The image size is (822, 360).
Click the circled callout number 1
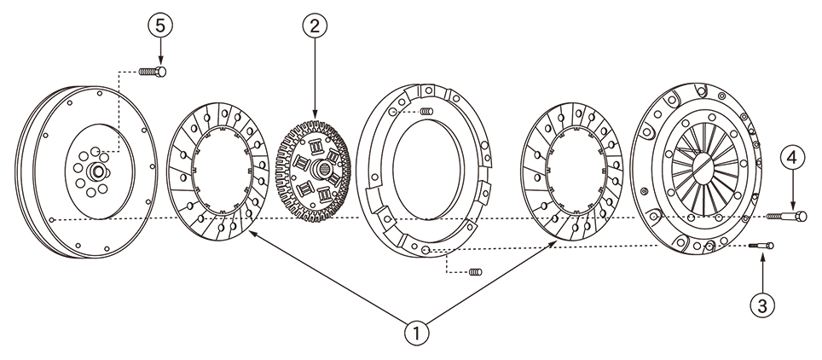pos(417,332)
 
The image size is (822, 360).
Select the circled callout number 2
pos(315,26)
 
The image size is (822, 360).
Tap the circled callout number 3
pos(762,306)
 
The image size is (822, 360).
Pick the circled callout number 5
pos(160,26)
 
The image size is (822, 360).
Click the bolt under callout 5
pos(153,72)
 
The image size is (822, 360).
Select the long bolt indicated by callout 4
pos(786,216)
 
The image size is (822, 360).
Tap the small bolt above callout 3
pos(761,246)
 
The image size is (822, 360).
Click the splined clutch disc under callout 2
pos(314,171)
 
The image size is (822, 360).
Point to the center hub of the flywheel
pos(97,171)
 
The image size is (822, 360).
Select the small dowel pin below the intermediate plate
pos(475,272)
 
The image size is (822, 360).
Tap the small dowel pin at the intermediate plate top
pos(427,111)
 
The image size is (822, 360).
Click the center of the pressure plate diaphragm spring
pos(704,168)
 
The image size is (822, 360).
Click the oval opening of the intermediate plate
pos(428,170)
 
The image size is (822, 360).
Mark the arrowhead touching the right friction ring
pos(553,243)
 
